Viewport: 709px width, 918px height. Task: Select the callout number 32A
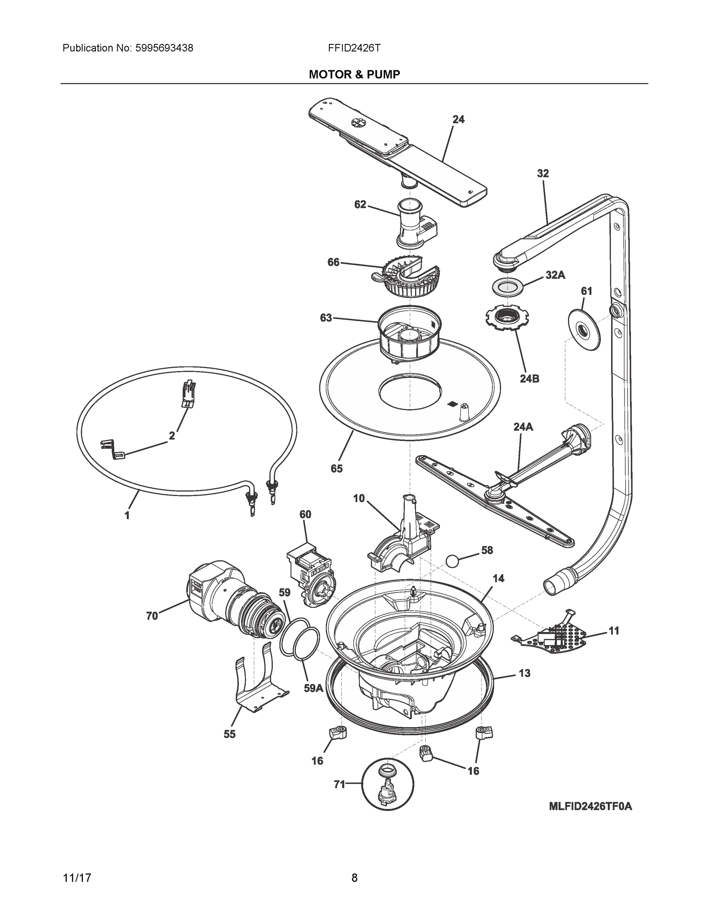555,275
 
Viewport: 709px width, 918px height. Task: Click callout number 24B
529,378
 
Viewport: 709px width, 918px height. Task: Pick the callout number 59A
313,688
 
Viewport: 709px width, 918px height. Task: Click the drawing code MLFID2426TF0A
590,806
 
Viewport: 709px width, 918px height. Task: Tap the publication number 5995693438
164,48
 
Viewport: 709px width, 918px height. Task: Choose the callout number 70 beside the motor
152,616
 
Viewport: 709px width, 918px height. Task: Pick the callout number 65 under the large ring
336,468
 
